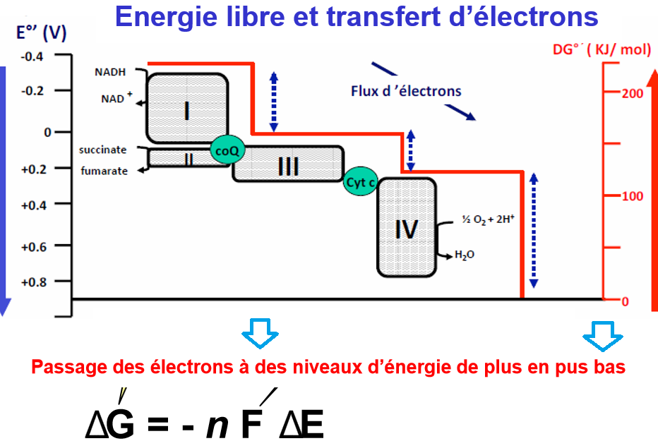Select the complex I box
(187, 108)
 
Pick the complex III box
(288, 164)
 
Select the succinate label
(103, 150)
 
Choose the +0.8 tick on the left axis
(32, 282)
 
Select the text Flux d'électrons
(406, 91)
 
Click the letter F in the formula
(251, 425)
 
